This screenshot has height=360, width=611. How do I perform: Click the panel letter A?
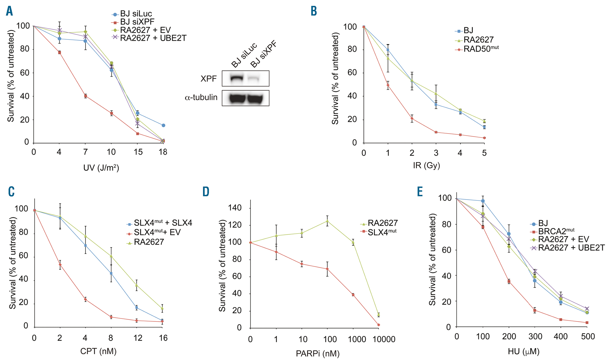(x=9, y=11)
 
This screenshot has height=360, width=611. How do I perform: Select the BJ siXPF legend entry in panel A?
(x=137, y=22)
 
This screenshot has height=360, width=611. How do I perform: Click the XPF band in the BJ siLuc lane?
(x=236, y=78)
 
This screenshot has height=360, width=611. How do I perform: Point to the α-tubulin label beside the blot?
(x=201, y=97)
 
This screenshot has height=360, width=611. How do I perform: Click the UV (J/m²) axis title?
(x=101, y=168)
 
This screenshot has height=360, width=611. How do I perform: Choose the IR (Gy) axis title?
(x=426, y=165)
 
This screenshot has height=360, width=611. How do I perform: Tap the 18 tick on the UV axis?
(x=163, y=152)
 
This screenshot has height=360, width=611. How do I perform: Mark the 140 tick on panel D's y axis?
(x=235, y=208)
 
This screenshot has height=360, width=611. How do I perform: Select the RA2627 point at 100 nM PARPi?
(x=327, y=221)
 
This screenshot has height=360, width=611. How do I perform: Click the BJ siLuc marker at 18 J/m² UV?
(x=163, y=125)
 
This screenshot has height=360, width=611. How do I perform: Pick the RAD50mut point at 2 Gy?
(x=412, y=119)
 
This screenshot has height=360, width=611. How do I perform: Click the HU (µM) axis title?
(x=523, y=352)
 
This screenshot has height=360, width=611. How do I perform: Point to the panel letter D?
(x=206, y=192)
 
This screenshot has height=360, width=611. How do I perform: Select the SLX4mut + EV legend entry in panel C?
(x=157, y=233)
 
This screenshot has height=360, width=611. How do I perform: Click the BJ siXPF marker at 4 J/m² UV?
(x=59, y=53)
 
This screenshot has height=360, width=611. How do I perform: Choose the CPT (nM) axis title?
(x=98, y=351)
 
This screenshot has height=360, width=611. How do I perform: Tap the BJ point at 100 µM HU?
(x=483, y=201)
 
